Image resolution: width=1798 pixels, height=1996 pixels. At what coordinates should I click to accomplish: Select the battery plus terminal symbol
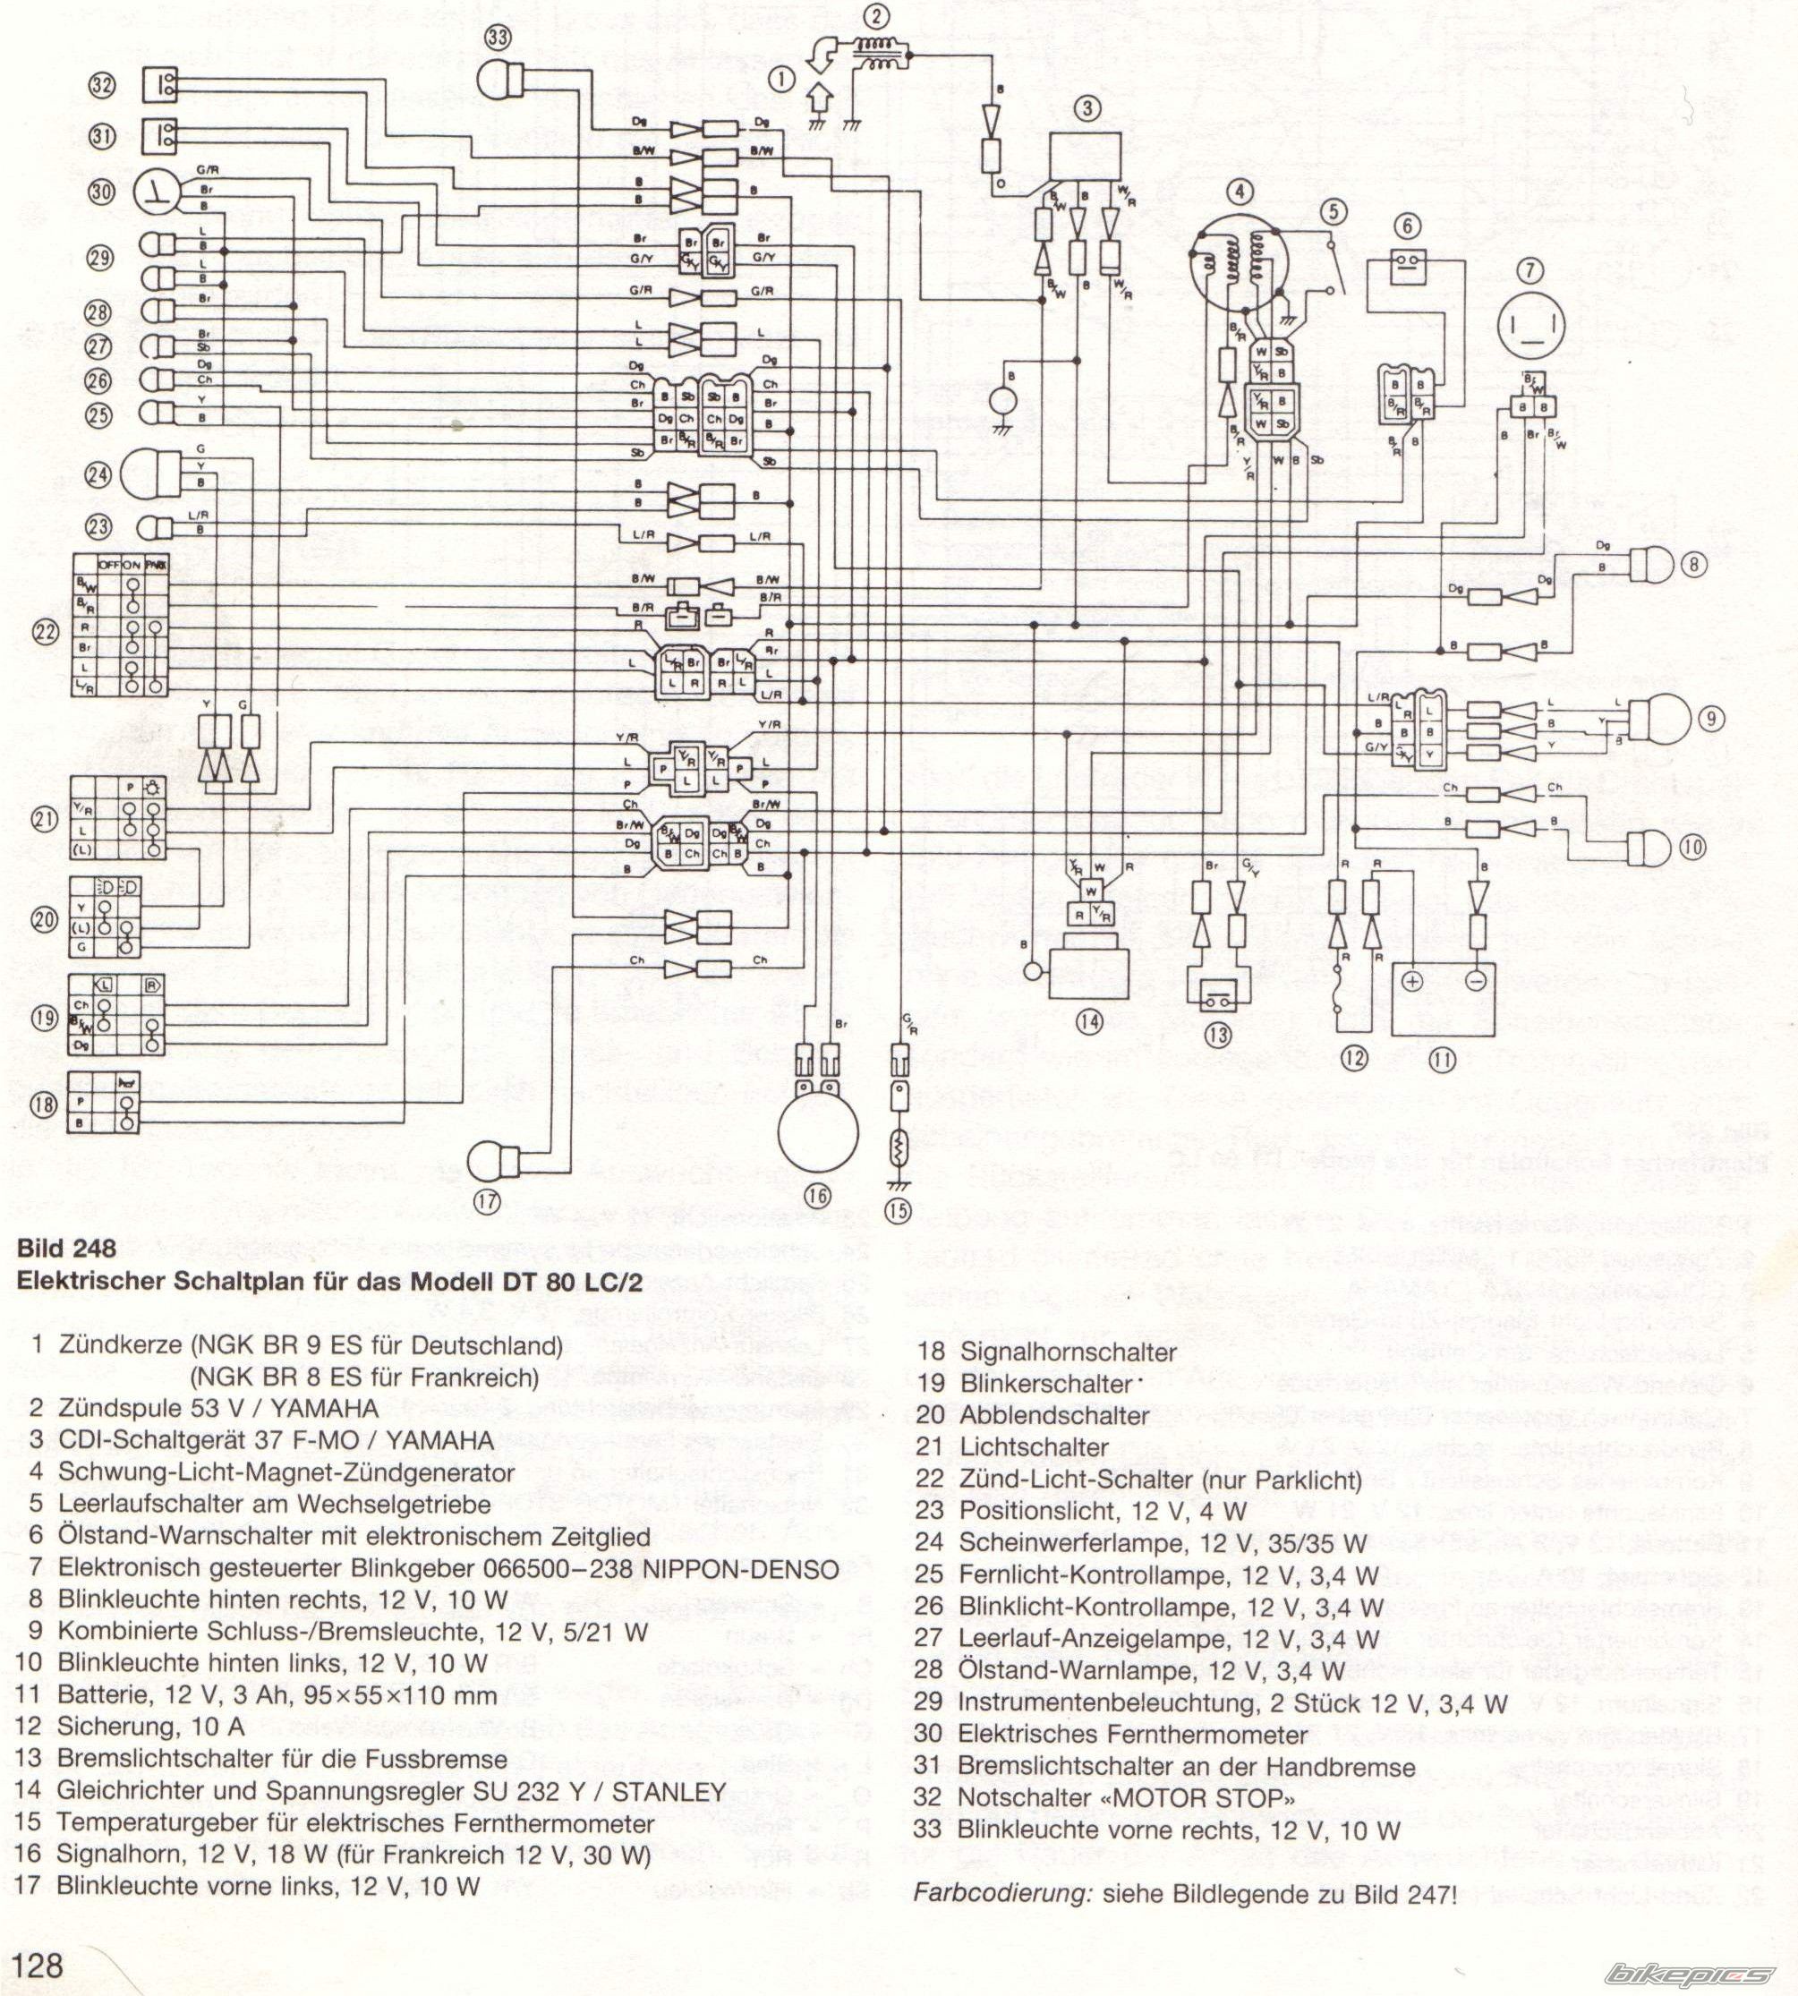pyautogui.click(x=1411, y=981)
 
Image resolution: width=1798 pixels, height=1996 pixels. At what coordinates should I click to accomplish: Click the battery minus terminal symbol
pyautogui.click(x=1475, y=981)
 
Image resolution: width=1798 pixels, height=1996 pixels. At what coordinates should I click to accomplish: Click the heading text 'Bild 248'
pyautogui.click(x=67, y=1248)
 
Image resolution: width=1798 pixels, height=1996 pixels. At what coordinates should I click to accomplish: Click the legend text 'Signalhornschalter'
pyautogui.click(x=1068, y=1352)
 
